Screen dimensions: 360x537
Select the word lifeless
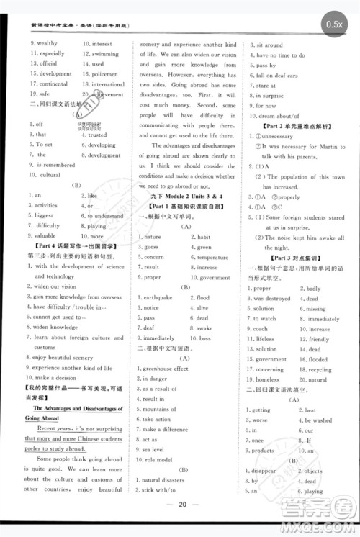(x=265, y=338)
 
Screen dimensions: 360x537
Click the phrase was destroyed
(x=271, y=298)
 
